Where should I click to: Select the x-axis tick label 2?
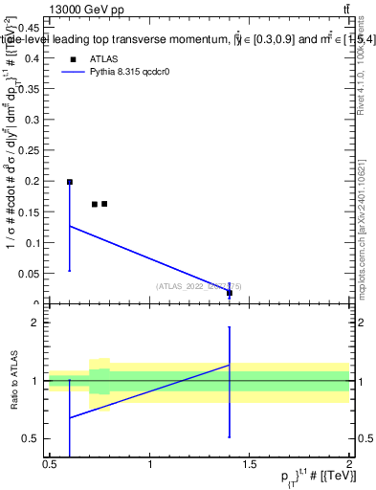pyautogui.click(x=349, y=464)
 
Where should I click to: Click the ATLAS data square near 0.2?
pyautogui.click(x=70, y=181)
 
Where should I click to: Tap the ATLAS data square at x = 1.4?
pyautogui.click(x=230, y=293)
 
